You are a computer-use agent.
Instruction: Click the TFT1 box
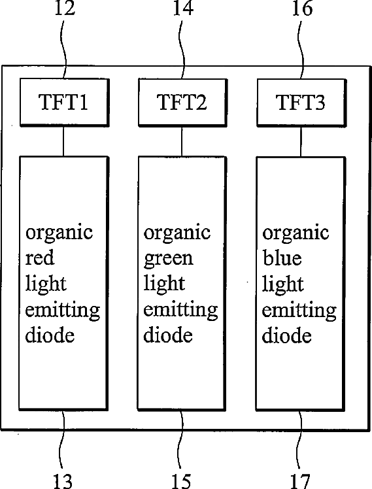(65, 102)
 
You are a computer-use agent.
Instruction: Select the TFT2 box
(182, 102)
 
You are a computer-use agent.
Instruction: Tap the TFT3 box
(301, 102)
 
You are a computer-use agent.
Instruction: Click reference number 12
(65, 8)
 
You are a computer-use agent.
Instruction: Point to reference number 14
(183, 8)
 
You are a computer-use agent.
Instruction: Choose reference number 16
(302, 8)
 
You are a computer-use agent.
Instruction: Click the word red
(40, 258)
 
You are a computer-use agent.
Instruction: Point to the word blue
(282, 258)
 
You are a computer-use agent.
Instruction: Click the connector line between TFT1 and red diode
(63, 141)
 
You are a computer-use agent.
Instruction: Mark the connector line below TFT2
(182, 141)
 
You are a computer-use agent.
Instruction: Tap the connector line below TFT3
(301, 141)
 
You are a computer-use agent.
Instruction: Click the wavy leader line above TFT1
(64, 47)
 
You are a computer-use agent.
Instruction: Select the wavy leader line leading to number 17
(300, 441)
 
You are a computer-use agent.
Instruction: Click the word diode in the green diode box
(168, 335)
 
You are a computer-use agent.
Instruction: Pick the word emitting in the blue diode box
(299, 311)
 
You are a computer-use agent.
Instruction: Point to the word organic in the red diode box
(59, 233)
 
